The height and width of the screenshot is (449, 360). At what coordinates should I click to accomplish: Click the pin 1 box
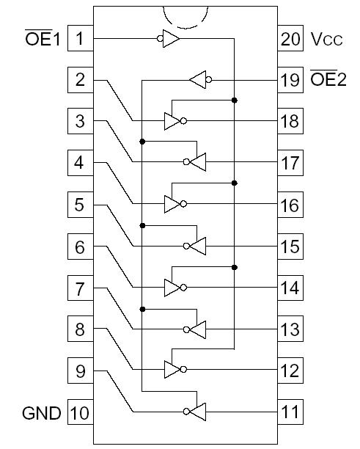79,38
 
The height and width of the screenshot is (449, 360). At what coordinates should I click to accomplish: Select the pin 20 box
290,38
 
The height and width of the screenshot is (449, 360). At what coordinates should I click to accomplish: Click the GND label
41,413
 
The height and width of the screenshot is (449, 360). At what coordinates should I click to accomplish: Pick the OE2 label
327,79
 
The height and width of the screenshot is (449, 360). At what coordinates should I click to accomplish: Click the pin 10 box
79,413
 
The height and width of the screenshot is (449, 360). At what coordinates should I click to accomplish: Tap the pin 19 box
290,79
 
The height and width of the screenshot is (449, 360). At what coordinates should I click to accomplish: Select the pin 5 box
79,205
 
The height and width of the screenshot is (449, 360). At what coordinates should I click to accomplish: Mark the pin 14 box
290,288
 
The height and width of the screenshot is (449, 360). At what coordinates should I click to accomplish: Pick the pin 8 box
79,329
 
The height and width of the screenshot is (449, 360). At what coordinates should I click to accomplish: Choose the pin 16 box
290,205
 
